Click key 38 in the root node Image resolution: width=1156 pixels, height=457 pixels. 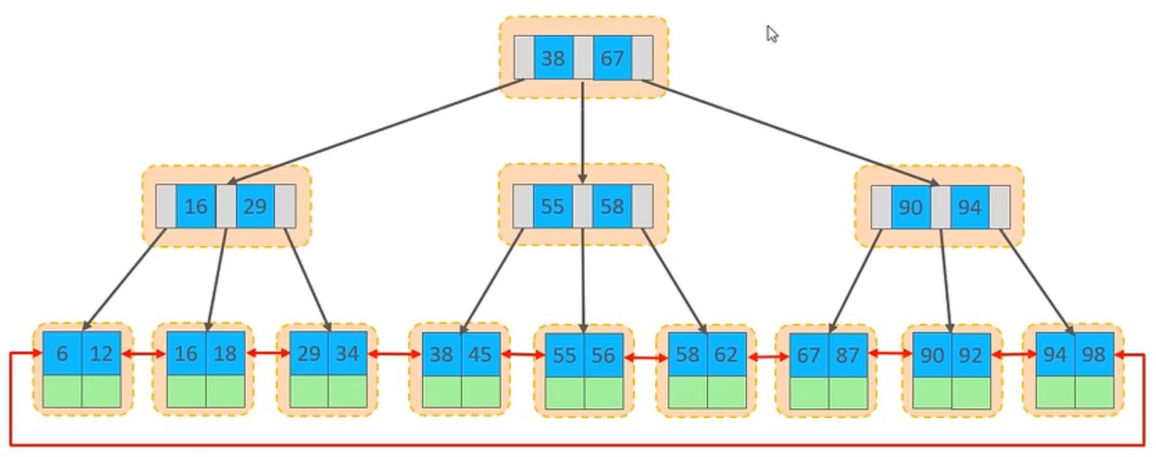[x=553, y=58]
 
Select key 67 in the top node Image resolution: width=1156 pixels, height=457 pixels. [x=612, y=58]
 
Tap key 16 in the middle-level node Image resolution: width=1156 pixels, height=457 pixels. [x=195, y=206]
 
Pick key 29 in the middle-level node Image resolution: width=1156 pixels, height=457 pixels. [x=255, y=206]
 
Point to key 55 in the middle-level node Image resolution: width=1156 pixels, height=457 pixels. [x=553, y=206]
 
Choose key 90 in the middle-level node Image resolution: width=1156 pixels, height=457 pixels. [x=911, y=207]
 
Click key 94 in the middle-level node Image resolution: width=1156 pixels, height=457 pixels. [x=969, y=207]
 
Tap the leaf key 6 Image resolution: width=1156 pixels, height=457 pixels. [x=62, y=354]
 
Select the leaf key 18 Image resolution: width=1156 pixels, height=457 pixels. [x=226, y=354]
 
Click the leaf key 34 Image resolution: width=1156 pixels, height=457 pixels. [x=349, y=354]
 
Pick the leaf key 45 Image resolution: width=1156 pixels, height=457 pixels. [x=481, y=354]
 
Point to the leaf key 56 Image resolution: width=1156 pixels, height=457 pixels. [x=604, y=356]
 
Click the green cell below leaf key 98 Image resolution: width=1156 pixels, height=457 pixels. [x=1094, y=392]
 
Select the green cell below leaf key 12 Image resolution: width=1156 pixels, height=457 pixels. [x=102, y=391]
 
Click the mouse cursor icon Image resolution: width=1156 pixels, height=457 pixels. [x=772, y=34]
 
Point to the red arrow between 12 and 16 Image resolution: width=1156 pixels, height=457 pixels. [x=143, y=354]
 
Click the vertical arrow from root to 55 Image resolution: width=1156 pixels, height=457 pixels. [x=582, y=130]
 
